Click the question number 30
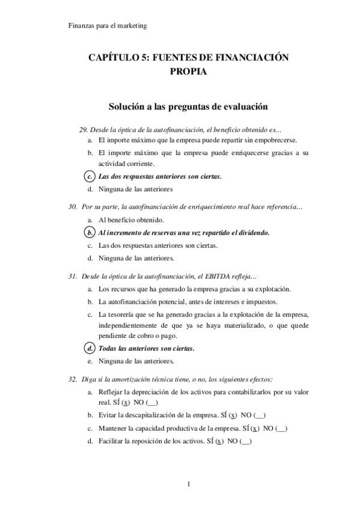point(73,207)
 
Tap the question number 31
point(73,277)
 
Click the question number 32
point(73,379)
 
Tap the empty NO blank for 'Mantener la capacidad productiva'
point(281,429)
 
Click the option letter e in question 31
point(89,361)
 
